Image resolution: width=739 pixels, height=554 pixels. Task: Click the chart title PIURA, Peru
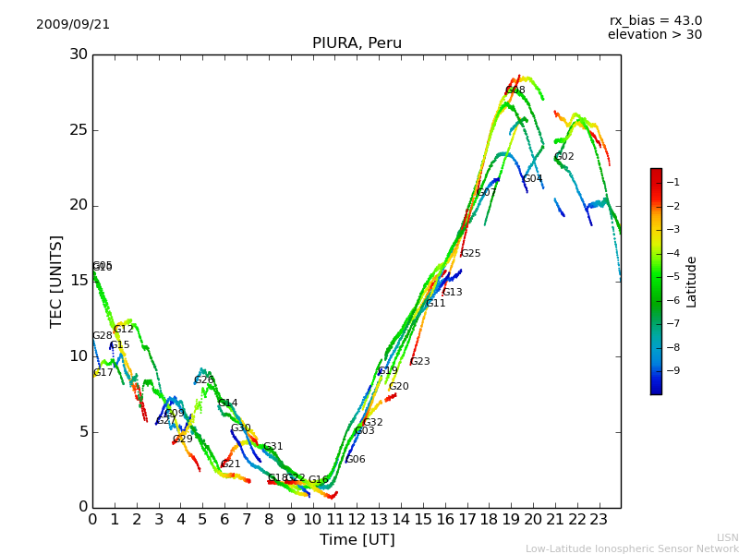357,43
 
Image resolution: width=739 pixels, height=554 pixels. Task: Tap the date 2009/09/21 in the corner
73,25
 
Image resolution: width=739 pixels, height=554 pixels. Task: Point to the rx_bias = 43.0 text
655,21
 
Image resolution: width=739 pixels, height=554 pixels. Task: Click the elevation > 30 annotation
654,35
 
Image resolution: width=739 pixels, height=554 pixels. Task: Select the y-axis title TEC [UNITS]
57,281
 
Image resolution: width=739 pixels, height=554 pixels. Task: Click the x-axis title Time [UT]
357,539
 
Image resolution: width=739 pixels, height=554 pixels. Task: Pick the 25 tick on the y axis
78,130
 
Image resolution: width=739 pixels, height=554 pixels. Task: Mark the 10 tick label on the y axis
78,356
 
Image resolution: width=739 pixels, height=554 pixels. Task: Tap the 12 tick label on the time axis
357,520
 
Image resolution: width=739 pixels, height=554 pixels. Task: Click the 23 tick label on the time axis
599,520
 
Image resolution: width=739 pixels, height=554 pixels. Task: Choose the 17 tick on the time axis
466,520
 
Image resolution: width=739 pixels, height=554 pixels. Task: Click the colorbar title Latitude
691,282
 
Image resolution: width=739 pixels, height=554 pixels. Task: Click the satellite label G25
470,254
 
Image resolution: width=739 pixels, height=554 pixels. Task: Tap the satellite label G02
564,157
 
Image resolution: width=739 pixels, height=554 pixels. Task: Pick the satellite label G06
356,460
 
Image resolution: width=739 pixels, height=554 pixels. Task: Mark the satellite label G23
420,362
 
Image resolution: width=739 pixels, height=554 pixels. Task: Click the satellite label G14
228,403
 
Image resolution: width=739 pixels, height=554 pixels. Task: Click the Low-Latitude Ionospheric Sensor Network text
632,548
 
